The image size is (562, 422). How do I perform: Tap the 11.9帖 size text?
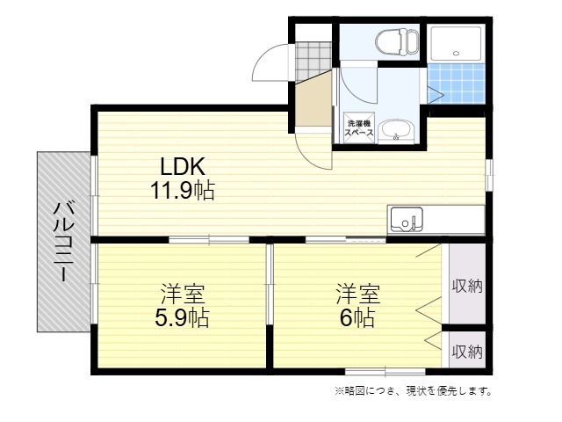click(182, 190)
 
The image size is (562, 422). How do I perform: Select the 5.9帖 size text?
click(182, 317)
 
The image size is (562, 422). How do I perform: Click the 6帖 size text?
click(357, 317)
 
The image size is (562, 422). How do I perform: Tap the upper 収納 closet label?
click(467, 286)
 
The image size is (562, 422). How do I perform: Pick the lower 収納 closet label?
click(467, 352)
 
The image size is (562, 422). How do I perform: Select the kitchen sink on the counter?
click(406, 218)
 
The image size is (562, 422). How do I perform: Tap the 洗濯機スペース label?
click(359, 128)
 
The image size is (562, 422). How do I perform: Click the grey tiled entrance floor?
click(310, 58)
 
